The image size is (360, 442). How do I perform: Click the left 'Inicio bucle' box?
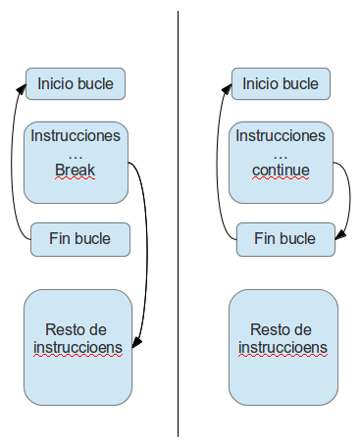click(76, 84)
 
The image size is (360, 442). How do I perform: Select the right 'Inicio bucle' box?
click(281, 84)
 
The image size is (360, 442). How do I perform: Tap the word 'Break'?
click(76, 171)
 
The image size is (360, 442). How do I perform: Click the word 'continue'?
click(280, 171)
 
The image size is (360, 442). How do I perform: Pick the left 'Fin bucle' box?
click(80, 238)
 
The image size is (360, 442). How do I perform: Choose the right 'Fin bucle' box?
click(284, 238)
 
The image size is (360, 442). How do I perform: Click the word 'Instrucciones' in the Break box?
click(76, 134)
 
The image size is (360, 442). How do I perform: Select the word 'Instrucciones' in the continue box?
click(280, 134)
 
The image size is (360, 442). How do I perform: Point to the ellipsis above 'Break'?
click(76, 154)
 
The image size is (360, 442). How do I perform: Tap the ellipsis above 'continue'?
click(280, 154)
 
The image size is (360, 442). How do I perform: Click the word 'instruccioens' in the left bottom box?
click(77, 348)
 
